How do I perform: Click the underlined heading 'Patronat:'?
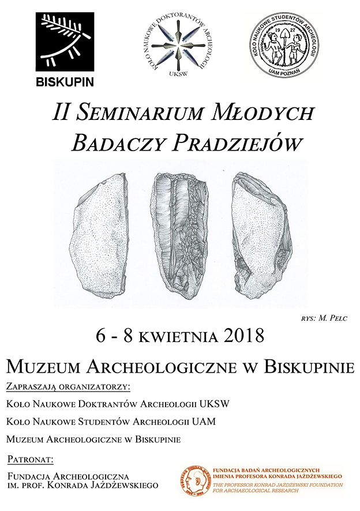[31, 460]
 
